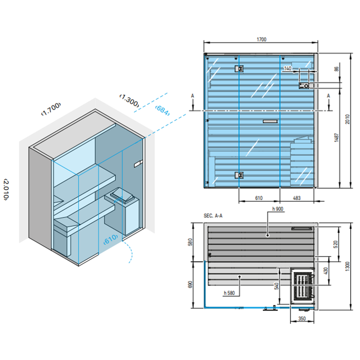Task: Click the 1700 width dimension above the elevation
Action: click(x=261, y=39)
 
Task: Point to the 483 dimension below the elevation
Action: click(x=297, y=197)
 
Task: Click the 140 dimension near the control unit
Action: click(x=287, y=68)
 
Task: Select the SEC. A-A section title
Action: click(x=212, y=217)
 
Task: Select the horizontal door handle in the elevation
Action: click(x=269, y=122)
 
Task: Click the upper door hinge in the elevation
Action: click(x=239, y=68)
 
